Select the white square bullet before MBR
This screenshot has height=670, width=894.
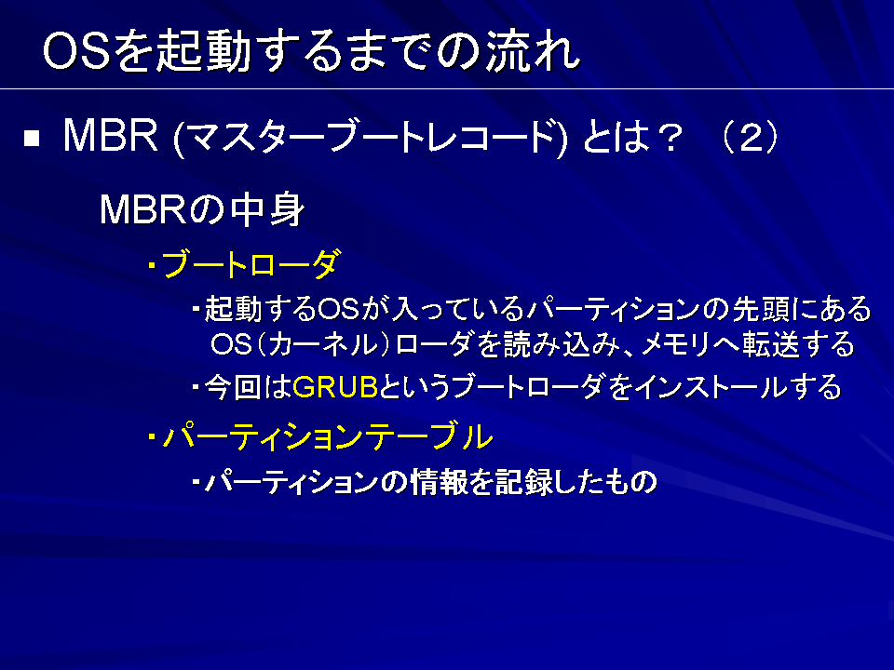[32, 139]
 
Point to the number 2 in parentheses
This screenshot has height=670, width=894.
[751, 138]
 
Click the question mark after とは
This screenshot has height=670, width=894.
[667, 138]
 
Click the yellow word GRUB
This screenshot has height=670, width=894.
[335, 387]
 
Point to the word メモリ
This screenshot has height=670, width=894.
[674, 344]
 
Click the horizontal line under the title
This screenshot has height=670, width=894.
[447, 89]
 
